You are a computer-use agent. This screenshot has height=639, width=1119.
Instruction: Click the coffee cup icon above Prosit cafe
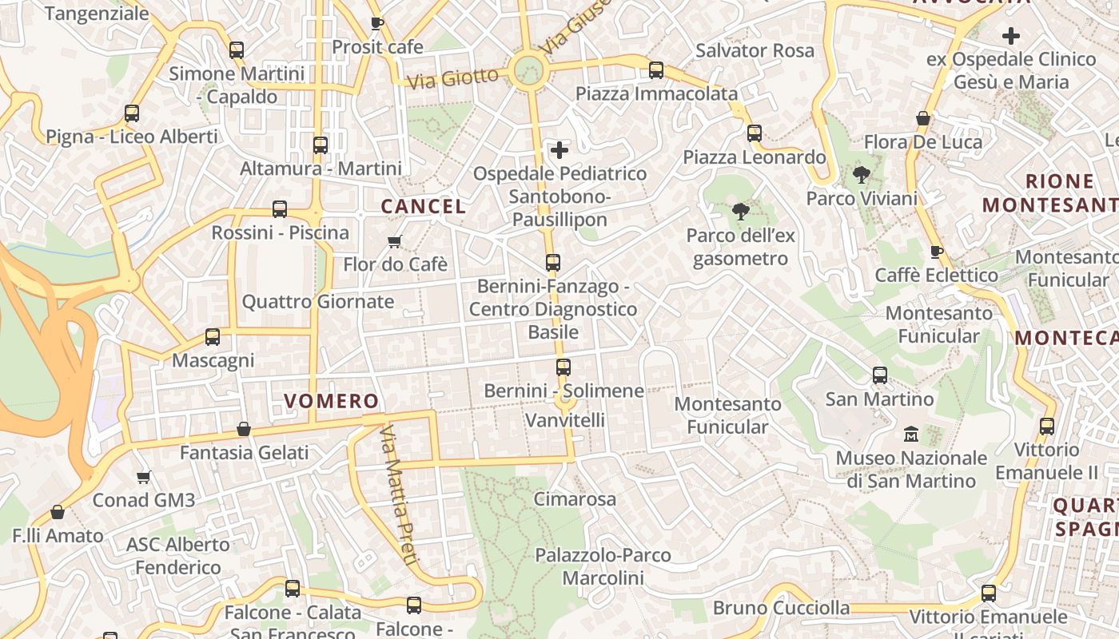(x=377, y=24)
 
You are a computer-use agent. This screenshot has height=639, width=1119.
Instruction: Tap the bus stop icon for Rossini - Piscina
(x=280, y=209)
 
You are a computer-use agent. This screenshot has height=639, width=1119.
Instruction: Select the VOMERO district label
(x=331, y=401)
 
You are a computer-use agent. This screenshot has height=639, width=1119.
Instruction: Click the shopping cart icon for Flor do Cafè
(x=394, y=241)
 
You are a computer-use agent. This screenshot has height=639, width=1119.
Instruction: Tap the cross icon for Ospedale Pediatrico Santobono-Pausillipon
(x=559, y=149)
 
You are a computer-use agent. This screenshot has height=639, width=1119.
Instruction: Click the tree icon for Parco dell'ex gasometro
(x=741, y=212)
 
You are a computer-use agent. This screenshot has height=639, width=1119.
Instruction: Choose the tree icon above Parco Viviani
(x=861, y=175)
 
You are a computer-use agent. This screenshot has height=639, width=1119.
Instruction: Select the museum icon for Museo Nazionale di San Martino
(x=911, y=435)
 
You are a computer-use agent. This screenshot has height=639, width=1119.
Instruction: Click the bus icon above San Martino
(x=880, y=375)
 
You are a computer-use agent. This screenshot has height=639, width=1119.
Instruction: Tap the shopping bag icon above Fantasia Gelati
(x=244, y=429)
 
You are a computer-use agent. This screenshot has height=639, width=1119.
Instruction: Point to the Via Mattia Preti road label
(x=398, y=495)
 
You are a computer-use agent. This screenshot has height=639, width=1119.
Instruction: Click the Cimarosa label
(x=575, y=500)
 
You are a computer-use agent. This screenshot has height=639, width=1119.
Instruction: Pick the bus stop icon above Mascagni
(x=213, y=337)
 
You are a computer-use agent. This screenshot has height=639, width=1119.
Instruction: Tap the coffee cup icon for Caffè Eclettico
(x=937, y=252)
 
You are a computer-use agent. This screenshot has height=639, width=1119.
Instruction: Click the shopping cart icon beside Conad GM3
(x=144, y=477)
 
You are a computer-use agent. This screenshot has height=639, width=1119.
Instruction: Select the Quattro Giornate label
(x=318, y=302)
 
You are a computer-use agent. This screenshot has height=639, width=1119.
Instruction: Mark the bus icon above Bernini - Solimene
(x=563, y=367)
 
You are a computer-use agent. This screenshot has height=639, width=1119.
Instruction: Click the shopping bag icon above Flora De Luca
(x=923, y=119)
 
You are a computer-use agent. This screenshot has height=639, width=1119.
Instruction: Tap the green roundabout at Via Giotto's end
(x=528, y=70)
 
